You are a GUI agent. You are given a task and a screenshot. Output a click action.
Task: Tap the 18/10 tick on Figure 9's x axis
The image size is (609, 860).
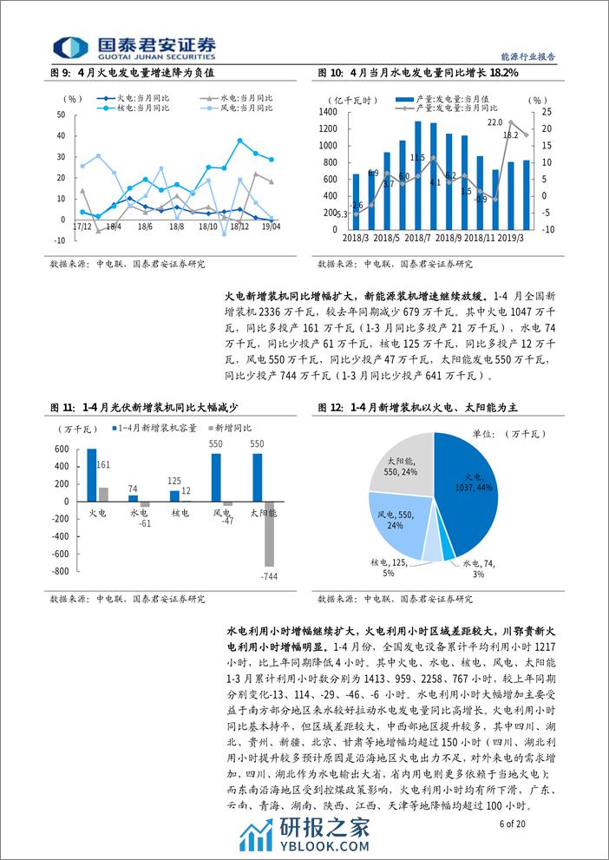tap(208, 226)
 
